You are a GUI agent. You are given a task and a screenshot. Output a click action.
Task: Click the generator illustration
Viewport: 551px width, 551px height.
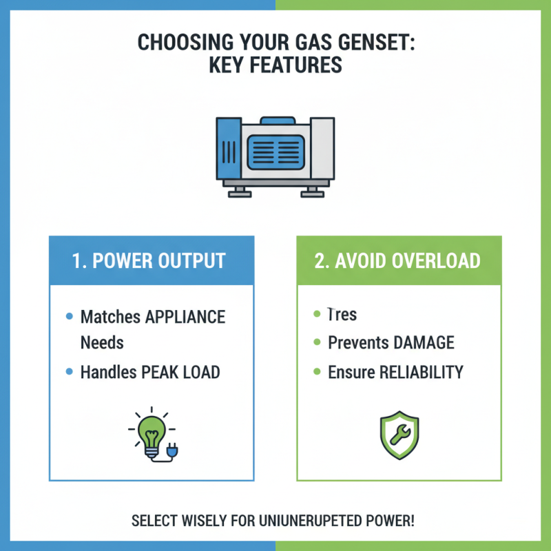coord(275,155)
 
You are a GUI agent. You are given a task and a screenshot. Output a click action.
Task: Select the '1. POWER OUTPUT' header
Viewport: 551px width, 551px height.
coord(151,261)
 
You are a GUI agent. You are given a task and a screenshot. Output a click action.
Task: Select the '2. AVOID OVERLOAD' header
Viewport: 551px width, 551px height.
coord(399,261)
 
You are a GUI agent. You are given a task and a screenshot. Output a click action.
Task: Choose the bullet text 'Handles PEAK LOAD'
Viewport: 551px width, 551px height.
coord(150,373)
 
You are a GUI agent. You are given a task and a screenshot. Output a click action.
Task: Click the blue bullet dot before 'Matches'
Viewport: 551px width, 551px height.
coord(69,317)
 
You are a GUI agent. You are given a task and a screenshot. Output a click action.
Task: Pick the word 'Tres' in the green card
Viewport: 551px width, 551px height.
coord(342,315)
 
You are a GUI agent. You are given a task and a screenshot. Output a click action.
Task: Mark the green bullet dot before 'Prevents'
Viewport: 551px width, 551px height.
coord(317,342)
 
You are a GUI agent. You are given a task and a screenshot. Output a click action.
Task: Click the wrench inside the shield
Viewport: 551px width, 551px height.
coord(399,434)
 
